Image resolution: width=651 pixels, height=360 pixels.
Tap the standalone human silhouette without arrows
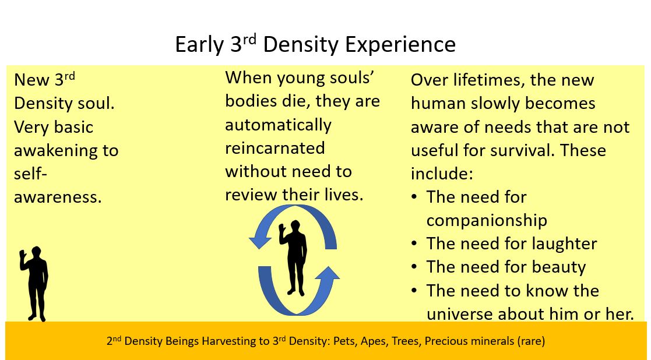[x=34, y=284]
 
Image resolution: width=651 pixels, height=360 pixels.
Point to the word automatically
[x=278, y=125]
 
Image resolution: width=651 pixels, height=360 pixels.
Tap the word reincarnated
[x=275, y=148]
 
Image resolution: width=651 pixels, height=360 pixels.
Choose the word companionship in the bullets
[x=487, y=221]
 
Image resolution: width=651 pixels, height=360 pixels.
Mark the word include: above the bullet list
[x=442, y=174]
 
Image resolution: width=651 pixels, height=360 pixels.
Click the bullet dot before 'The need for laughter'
[x=414, y=244]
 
